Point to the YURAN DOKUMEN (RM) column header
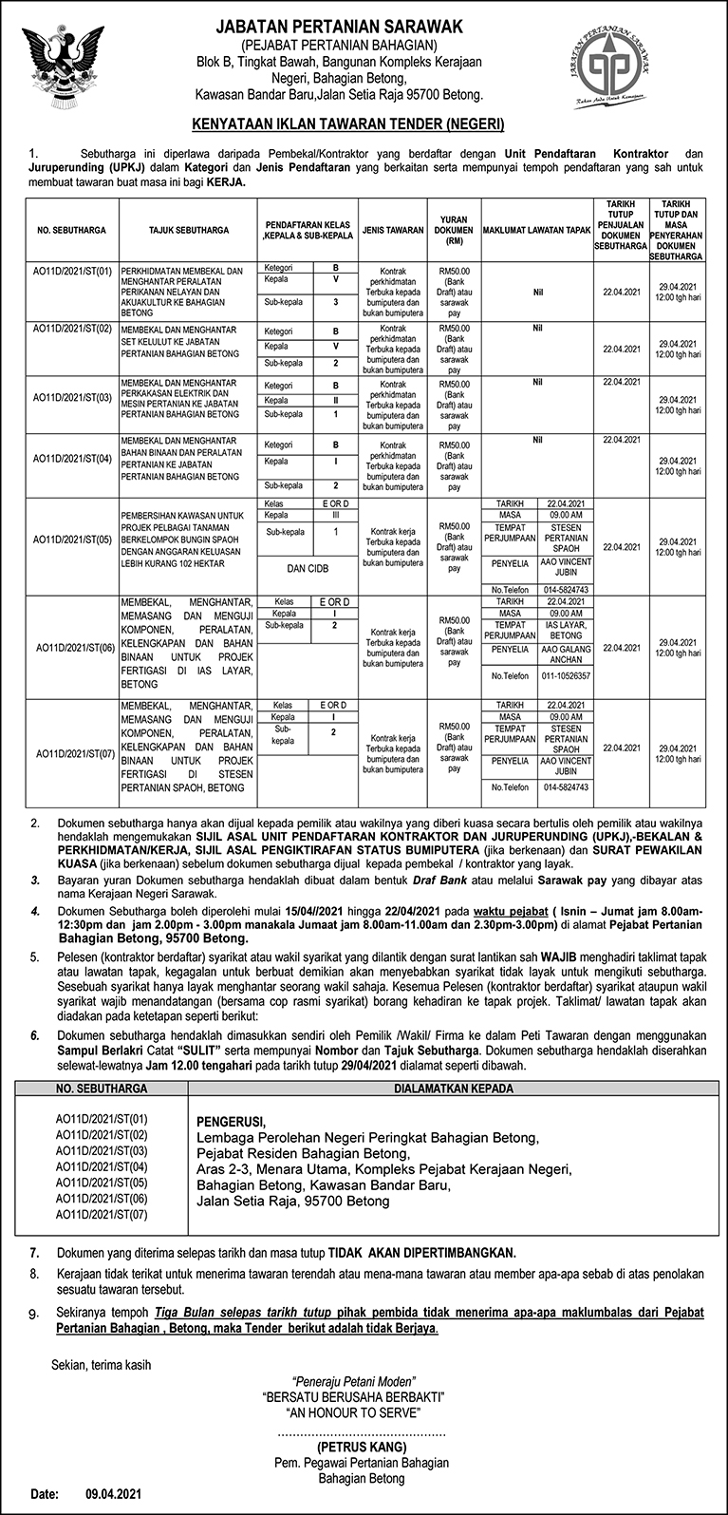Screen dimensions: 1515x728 454,230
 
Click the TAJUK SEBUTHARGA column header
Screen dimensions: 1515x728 189,230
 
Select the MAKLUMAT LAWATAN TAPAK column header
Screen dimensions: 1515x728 536,230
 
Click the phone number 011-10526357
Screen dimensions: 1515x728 566,675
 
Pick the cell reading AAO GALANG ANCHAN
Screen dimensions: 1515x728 566,653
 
